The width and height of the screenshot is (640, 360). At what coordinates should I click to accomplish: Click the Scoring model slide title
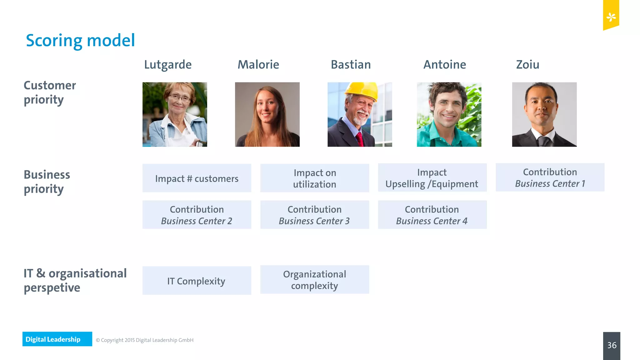click(x=80, y=41)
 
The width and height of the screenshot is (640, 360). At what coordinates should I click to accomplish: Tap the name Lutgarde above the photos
click(x=168, y=65)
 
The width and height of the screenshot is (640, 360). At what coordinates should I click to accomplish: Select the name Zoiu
click(x=527, y=65)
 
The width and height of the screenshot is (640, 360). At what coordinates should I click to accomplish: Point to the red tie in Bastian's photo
click(x=359, y=139)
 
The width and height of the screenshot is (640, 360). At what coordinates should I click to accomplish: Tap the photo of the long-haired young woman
click(x=267, y=114)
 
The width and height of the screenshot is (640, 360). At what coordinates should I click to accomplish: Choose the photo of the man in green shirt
click(x=449, y=114)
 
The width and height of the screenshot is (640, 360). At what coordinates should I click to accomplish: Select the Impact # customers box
click(x=197, y=178)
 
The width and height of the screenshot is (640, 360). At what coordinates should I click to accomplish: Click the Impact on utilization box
click(x=315, y=178)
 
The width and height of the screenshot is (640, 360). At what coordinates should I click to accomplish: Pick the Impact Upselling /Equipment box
click(x=432, y=178)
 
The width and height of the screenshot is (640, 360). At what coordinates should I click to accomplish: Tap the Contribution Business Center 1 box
click(x=550, y=177)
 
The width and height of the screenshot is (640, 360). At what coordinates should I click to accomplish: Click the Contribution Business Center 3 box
click(x=315, y=215)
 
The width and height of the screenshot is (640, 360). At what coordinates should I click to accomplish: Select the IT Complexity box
click(x=197, y=281)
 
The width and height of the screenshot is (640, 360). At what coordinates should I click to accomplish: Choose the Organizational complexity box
click(x=315, y=280)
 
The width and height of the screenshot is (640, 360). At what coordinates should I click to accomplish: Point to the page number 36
click(x=612, y=345)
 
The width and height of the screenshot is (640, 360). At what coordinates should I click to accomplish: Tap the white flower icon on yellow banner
click(x=611, y=17)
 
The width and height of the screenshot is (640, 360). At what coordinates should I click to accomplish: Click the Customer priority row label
click(x=50, y=92)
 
